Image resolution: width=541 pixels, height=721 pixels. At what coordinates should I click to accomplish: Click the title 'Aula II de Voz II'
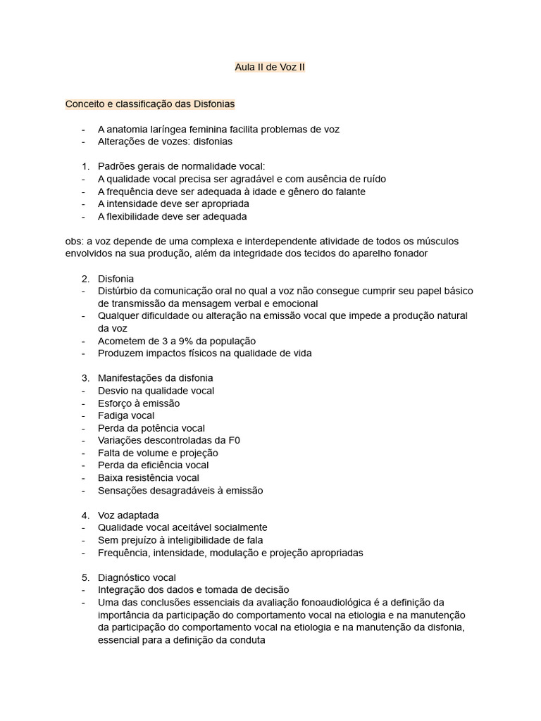tap(270, 68)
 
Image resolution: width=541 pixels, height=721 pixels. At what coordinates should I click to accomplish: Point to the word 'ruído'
tap(372, 179)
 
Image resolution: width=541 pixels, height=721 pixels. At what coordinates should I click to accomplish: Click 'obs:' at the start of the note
tap(75, 242)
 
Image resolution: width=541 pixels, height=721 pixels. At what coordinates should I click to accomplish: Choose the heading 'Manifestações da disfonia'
tap(155, 378)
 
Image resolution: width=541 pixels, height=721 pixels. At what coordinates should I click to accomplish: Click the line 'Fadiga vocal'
tap(126, 415)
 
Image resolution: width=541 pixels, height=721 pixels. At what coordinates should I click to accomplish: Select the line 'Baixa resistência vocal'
tap(149, 478)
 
